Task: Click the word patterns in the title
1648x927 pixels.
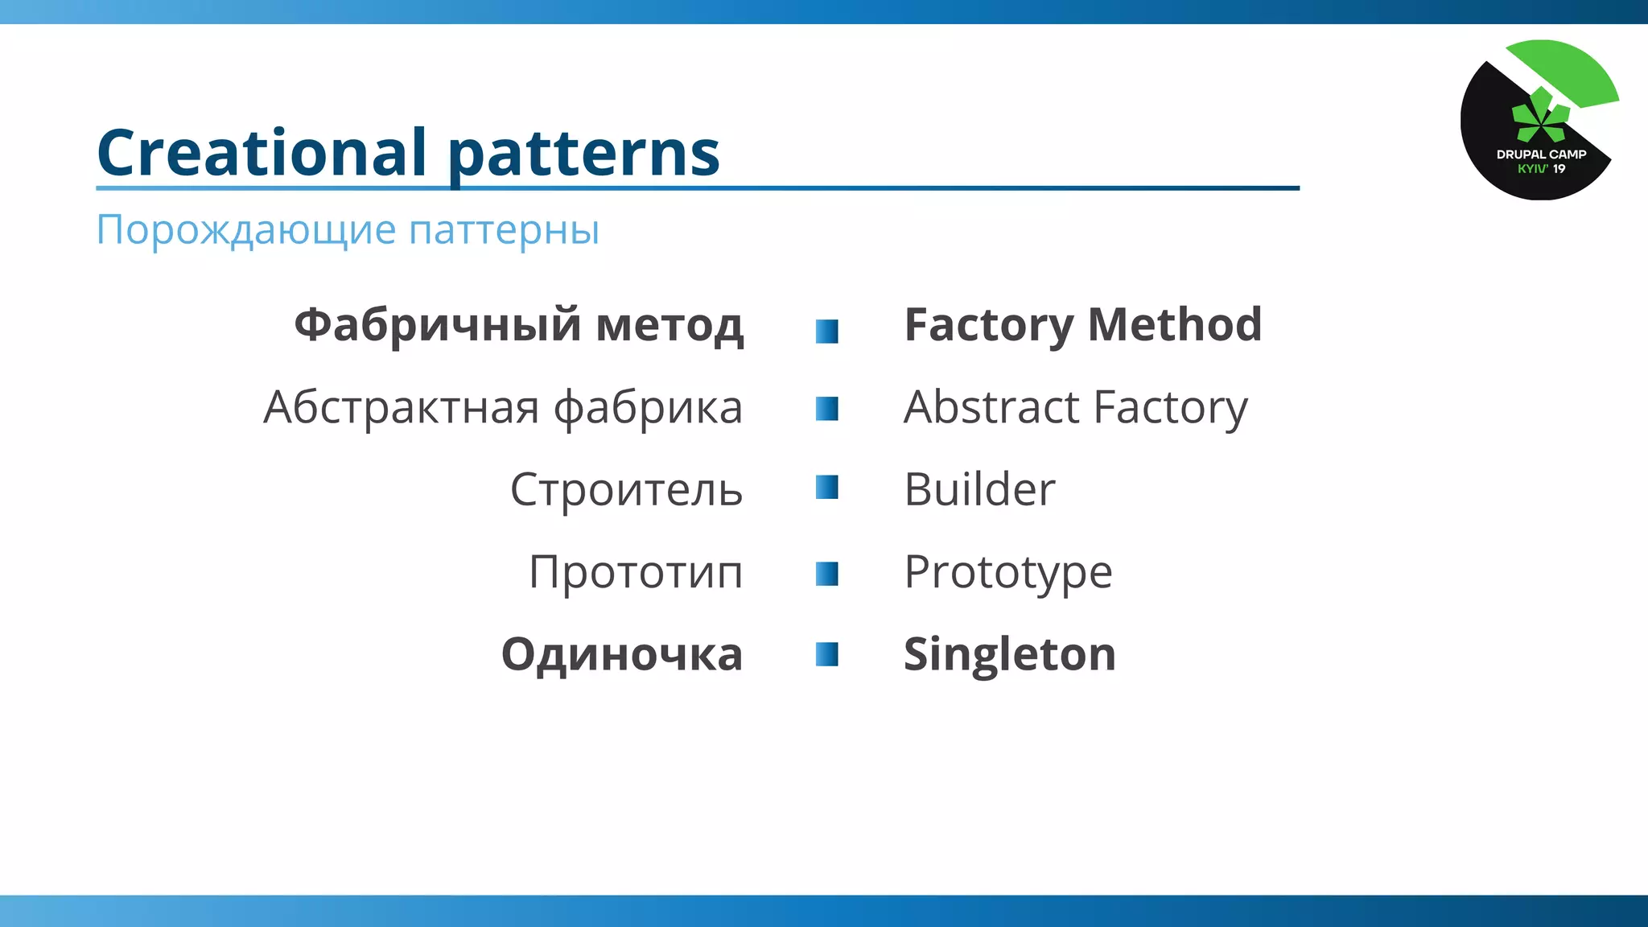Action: click(x=583, y=154)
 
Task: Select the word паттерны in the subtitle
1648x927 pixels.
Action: click(x=504, y=231)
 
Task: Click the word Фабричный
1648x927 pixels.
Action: click(x=437, y=325)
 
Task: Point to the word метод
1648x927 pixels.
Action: click(x=669, y=325)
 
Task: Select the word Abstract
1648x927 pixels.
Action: click(x=991, y=407)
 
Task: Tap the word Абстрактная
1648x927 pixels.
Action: click(x=401, y=407)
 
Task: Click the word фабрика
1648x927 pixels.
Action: click(x=648, y=407)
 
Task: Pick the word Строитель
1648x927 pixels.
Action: click(x=626, y=489)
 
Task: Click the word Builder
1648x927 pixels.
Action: click(x=979, y=489)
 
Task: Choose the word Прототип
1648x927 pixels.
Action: click(x=636, y=572)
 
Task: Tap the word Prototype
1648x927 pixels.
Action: click(x=1007, y=572)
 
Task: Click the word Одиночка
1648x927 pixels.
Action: click(x=621, y=654)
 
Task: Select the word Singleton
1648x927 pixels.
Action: click(x=1009, y=654)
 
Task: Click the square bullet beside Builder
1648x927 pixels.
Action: click(x=826, y=488)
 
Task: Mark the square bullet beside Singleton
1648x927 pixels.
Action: click(x=826, y=654)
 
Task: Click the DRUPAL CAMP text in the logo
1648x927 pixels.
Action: click(x=1541, y=154)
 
